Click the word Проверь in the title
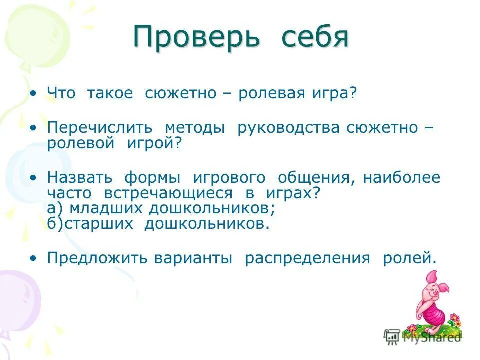coord(196,37)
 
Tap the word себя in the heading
coord(314,37)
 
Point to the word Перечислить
coord(100,128)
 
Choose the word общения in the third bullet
coord(313,178)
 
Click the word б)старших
coord(90,223)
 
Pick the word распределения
coord(307,258)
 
